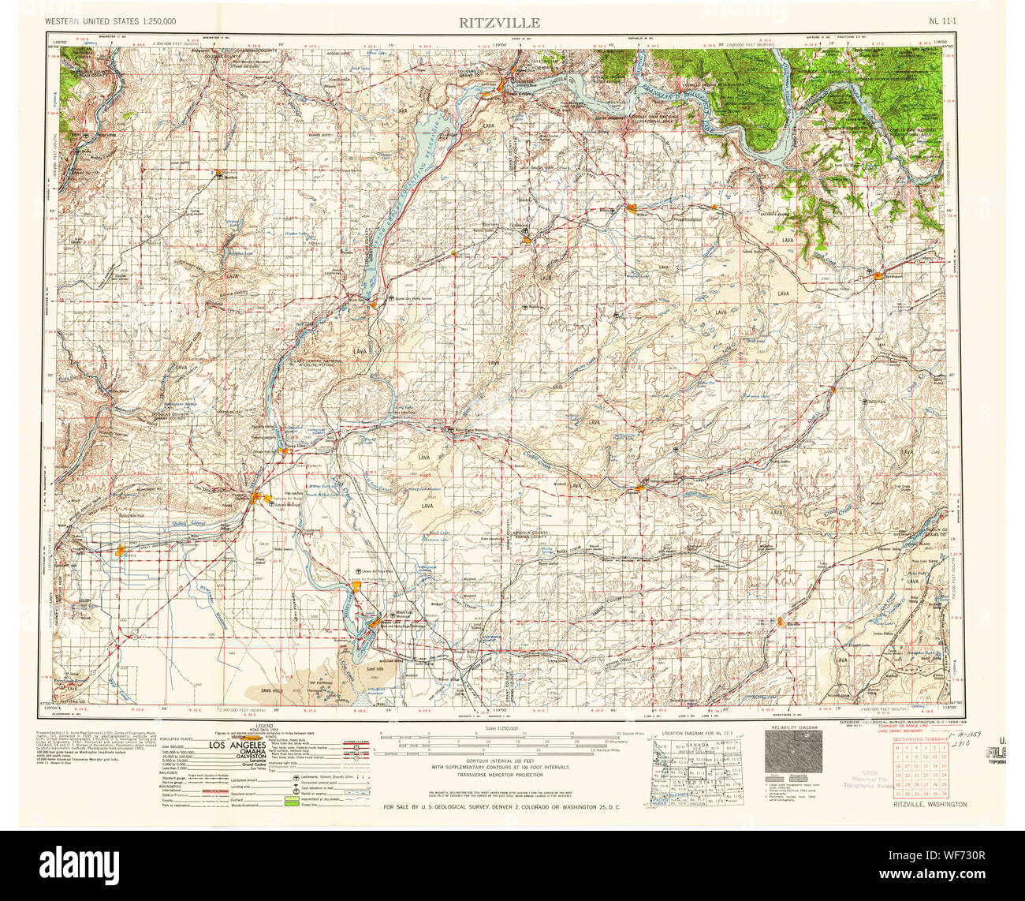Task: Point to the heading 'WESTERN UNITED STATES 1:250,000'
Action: pyautogui.click(x=110, y=21)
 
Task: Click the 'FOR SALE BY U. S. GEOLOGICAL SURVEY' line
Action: pyautogui.click(x=501, y=807)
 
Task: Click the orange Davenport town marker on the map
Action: pyautogui.click(x=877, y=275)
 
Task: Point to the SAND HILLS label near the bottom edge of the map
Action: pyautogui.click(x=270, y=690)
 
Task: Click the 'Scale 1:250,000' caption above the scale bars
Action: pyautogui.click(x=502, y=728)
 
